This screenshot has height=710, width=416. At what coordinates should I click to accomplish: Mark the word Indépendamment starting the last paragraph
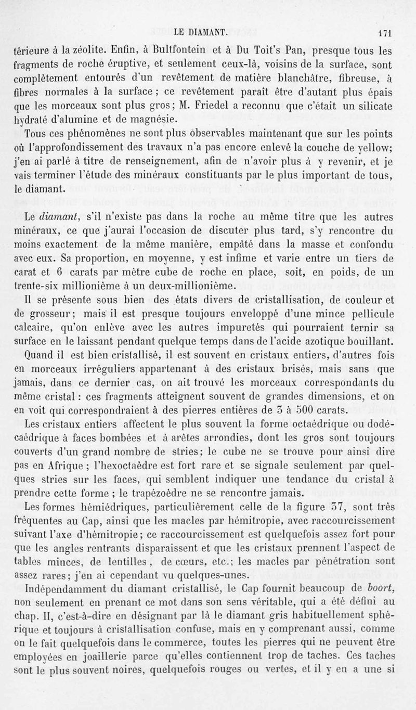tap(56, 590)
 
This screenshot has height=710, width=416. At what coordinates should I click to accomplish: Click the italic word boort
tap(385, 590)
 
